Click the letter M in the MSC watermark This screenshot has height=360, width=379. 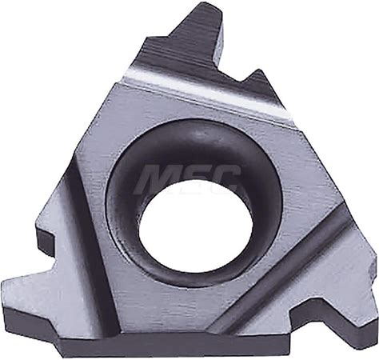pyautogui.click(x=158, y=178)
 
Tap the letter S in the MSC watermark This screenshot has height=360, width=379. pyautogui.click(x=194, y=178)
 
